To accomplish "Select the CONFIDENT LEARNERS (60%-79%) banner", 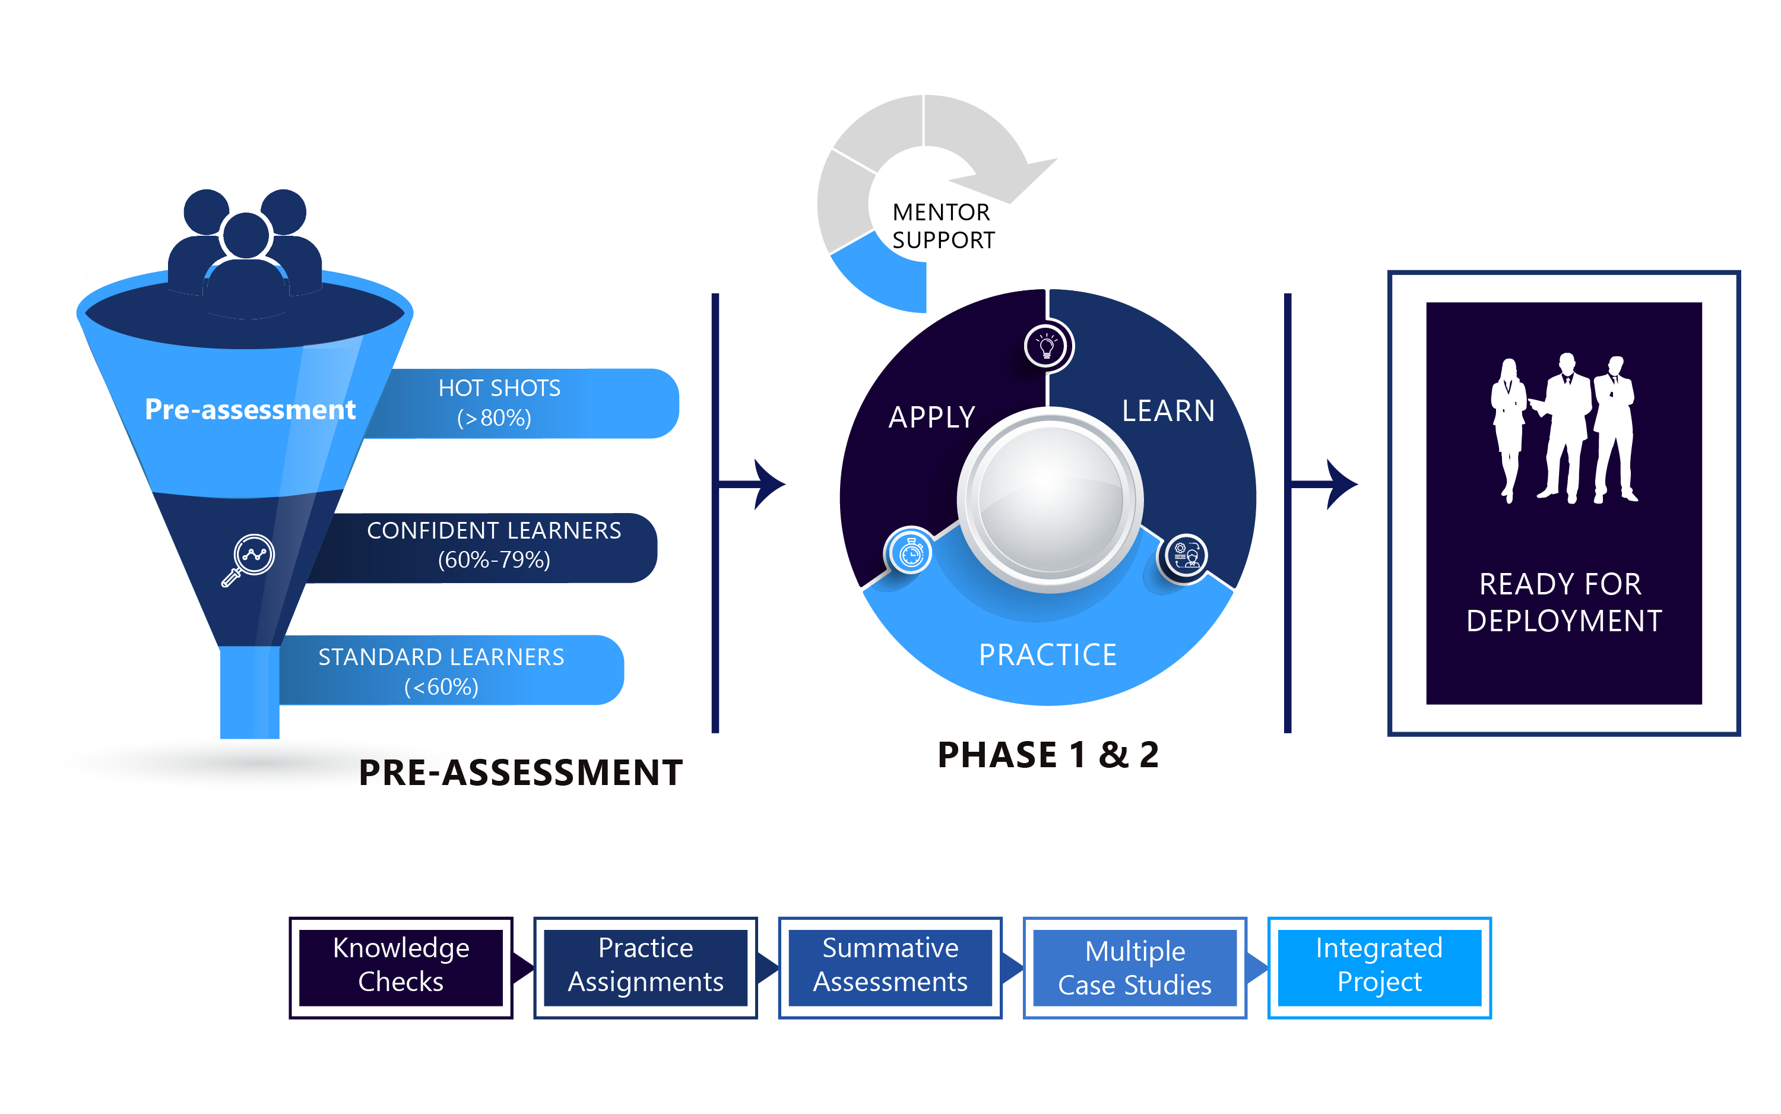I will point(493,545).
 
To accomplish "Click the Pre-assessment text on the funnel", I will point(250,409).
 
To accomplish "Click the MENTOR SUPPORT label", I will point(942,226).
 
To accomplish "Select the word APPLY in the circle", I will point(931,417).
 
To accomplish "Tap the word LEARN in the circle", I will point(1168,410).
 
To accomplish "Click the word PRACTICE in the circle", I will point(1047,654).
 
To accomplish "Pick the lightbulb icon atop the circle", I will point(1047,345).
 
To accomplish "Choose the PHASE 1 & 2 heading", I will point(1047,755).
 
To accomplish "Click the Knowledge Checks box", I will point(401,967).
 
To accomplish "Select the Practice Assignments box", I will point(645,967).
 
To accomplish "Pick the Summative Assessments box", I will point(890,967).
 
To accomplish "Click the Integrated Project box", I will point(1379,967).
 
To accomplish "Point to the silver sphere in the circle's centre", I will point(1050,499).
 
